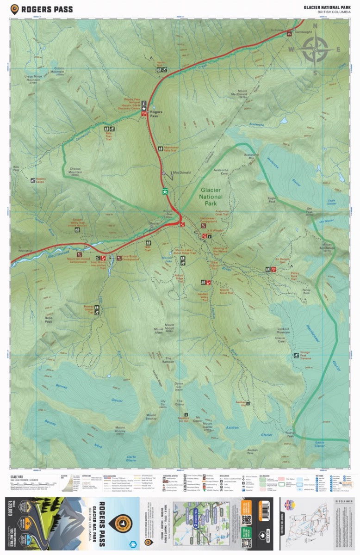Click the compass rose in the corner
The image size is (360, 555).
pyautogui.click(x=315, y=49)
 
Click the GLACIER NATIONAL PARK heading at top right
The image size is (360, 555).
pyautogui.click(x=326, y=7)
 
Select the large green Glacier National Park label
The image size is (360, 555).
pyautogui.click(x=211, y=197)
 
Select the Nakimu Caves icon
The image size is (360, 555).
pyautogui.click(x=33, y=180)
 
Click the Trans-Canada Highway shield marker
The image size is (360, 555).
pyautogui.click(x=164, y=190)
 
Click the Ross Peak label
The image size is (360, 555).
pyautogui.click(x=48, y=320)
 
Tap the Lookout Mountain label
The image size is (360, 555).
pyautogui.click(x=283, y=330)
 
